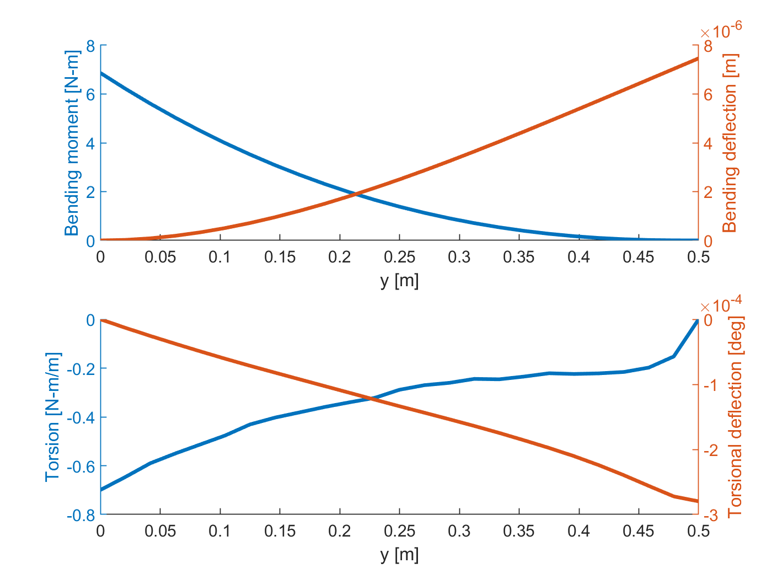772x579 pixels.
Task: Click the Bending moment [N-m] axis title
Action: (x=72, y=143)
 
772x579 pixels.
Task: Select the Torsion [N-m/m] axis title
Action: (x=52, y=417)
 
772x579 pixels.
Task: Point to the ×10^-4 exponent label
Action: (x=721, y=304)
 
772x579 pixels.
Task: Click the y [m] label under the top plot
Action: (x=399, y=281)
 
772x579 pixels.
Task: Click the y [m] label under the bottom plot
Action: (x=399, y=555)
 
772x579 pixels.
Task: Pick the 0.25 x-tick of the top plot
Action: (x=399, y=257)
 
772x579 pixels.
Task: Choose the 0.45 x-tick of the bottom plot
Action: (x=639, y=531)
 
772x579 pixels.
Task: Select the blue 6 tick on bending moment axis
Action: (x=90, y=94)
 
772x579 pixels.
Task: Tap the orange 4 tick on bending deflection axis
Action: (x=707, y=143)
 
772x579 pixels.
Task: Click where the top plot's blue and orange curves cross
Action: (x=356, y=194)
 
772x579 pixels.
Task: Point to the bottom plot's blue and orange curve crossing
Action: (x=371, y=398)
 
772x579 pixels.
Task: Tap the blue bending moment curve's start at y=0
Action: (x=101, y=73)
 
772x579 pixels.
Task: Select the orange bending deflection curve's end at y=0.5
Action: (x=698, y=58)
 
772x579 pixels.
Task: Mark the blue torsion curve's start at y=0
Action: (x=101, y=490)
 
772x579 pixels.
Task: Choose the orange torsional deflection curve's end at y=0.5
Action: (x=698, y=501)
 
